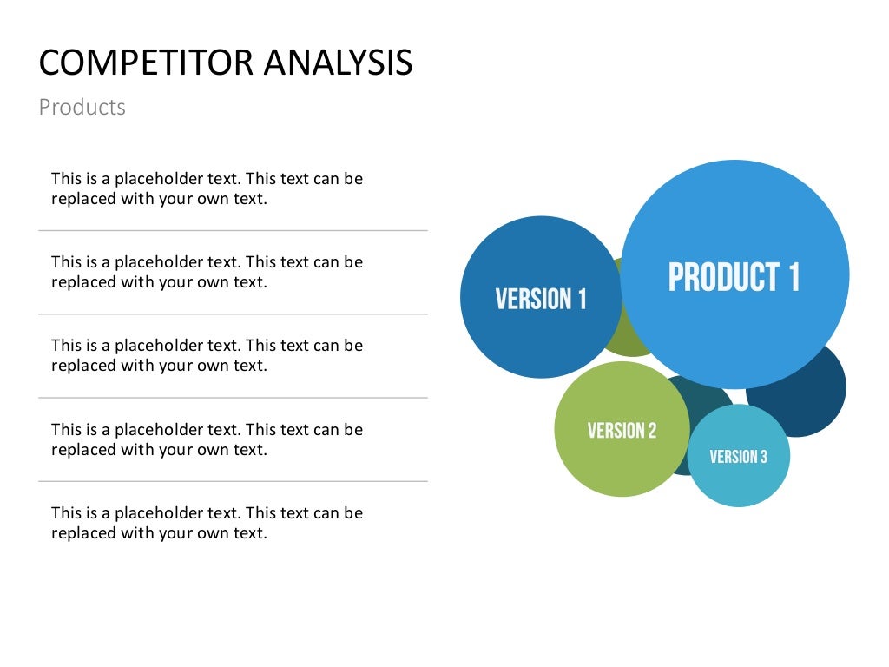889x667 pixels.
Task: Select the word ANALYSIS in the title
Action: pos(338,63)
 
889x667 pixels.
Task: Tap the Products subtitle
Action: pos(82,108)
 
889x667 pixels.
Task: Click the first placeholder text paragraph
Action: pos(207,188)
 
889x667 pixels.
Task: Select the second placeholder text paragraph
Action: pos(207,272)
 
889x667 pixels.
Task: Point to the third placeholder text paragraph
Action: pos(207,355)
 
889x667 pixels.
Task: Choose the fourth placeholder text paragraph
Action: pos(207,439)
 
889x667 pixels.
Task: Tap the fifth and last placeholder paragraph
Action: pos(207,523)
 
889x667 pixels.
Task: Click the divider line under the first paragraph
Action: pos(233,230)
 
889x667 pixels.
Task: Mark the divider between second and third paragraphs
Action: pos(233,314)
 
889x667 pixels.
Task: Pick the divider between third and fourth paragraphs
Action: pos(233,398)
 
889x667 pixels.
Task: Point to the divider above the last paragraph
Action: pos(233,481)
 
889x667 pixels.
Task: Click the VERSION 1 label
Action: pos(541,300)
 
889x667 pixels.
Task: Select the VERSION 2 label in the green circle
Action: pos(622,431)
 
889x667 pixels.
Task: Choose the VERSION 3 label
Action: pos(738,457)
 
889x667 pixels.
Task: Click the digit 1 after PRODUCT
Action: pos(793,278)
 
